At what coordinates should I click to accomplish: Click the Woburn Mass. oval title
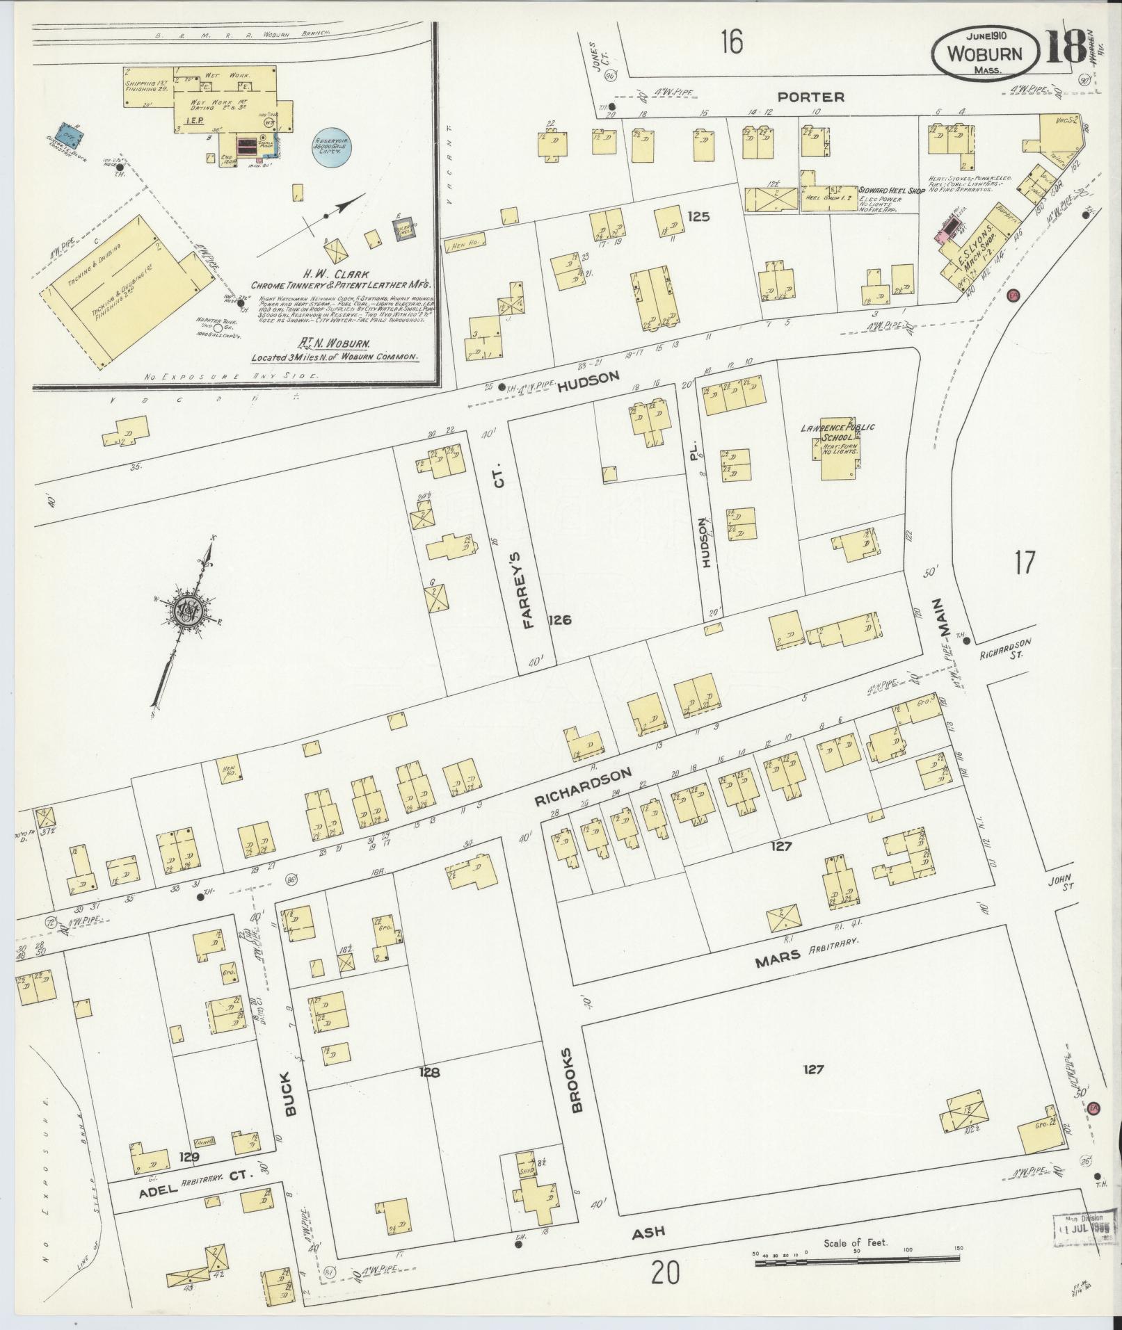pyautogui.click(x=986, y=52)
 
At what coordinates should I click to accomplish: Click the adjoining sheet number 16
pyautogui.click(x=731, y=43)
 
